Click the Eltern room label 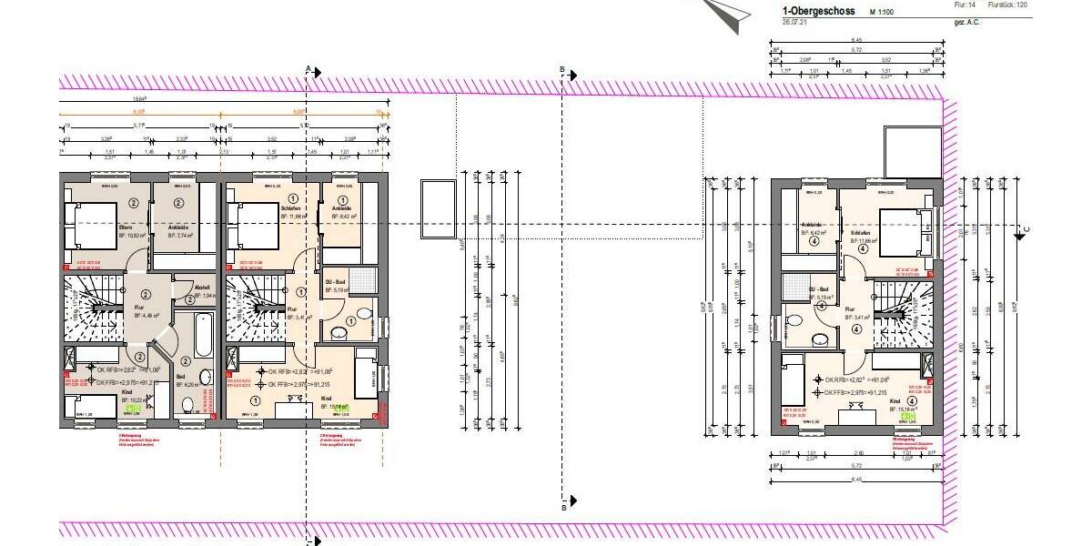[126, 227]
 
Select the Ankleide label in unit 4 [812, 224]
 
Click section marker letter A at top [308, 69]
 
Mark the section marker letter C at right [1026, 227]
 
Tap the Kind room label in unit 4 [895, 400]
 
